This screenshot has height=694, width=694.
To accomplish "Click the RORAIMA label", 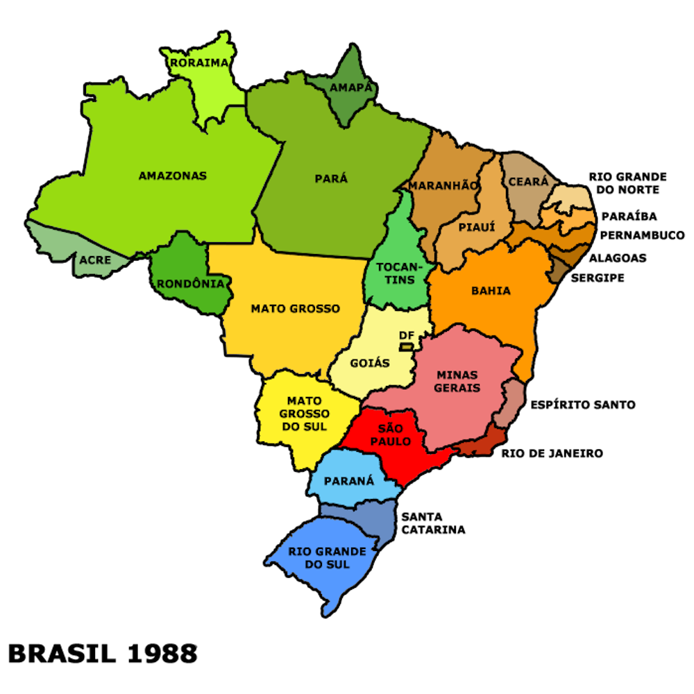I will point(199,63).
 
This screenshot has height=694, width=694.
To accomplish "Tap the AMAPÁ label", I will point(351,88).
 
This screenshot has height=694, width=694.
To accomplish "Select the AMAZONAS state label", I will point(173,176).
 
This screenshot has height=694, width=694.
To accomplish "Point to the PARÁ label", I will point(331,178).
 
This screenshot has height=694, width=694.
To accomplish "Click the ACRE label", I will point(95,260).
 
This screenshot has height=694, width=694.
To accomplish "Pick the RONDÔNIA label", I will point(190,284).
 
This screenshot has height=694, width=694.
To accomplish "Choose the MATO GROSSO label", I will point(296,308).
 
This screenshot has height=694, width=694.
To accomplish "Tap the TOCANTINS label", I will point(396,273).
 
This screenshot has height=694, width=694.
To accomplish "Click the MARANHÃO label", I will point(443,186).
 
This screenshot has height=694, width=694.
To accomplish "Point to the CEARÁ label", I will point(528,181).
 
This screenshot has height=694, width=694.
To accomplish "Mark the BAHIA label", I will point(491,291).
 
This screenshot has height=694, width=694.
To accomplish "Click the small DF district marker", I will point(407,346).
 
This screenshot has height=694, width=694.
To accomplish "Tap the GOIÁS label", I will point(370,363).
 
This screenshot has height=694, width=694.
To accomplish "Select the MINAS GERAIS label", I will point(457,382).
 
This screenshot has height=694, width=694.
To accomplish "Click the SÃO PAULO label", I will point(391,435).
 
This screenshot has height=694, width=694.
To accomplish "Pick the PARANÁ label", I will point(349,481).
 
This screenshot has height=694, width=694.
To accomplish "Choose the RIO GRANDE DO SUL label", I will point(328,558).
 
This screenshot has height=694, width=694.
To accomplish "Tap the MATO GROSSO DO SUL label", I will point(305,414).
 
